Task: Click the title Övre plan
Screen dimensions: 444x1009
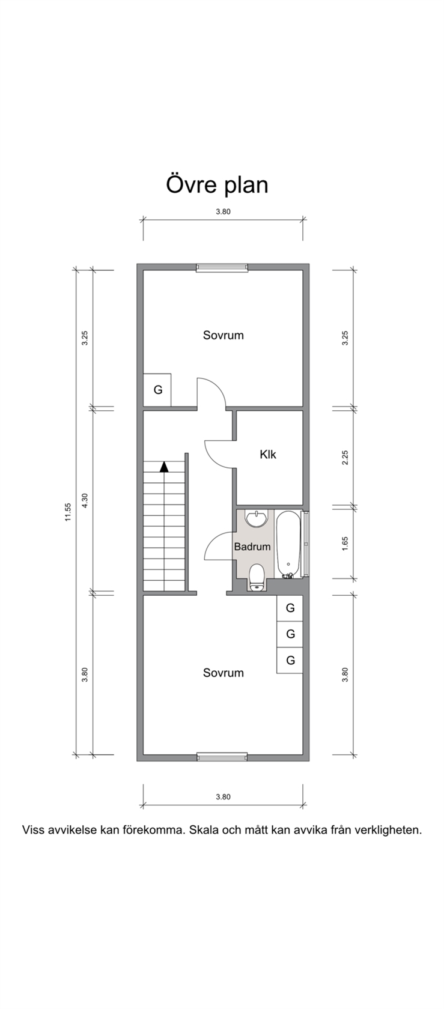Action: [x=217, y=185]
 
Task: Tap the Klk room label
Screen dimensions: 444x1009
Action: [x=268, y=454]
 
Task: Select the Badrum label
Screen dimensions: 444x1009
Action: [x=252, y=547]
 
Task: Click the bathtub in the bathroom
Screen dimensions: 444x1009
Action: [x=288, y=544]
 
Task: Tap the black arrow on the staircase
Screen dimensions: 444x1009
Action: [x=164, y=467]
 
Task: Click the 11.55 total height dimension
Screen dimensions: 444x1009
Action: [x=68, y=512]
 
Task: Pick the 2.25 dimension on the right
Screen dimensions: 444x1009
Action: [x=345, y=458]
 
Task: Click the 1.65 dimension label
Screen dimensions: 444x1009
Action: [x=345, y=543]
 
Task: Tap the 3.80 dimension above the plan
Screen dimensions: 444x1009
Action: [x=223, y=211]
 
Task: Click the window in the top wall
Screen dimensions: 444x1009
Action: [x=222, y=268]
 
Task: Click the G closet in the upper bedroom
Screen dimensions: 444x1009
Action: [x=157, y=390]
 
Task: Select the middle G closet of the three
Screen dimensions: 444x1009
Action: [x=290, y=634]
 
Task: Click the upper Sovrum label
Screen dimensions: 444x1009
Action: [x=223, y=335]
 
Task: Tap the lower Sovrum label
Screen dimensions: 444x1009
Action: [x=223, y=673]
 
